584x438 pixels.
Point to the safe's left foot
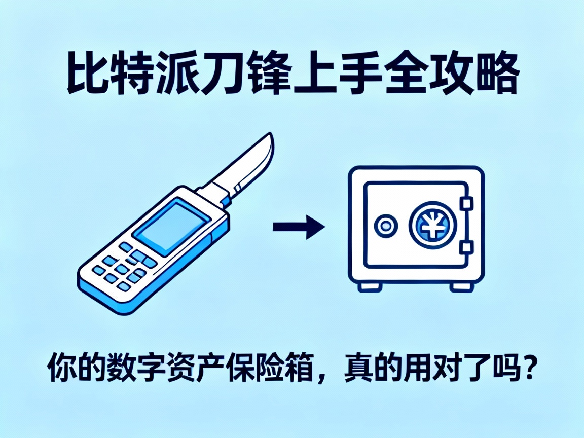tap(371, 286)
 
